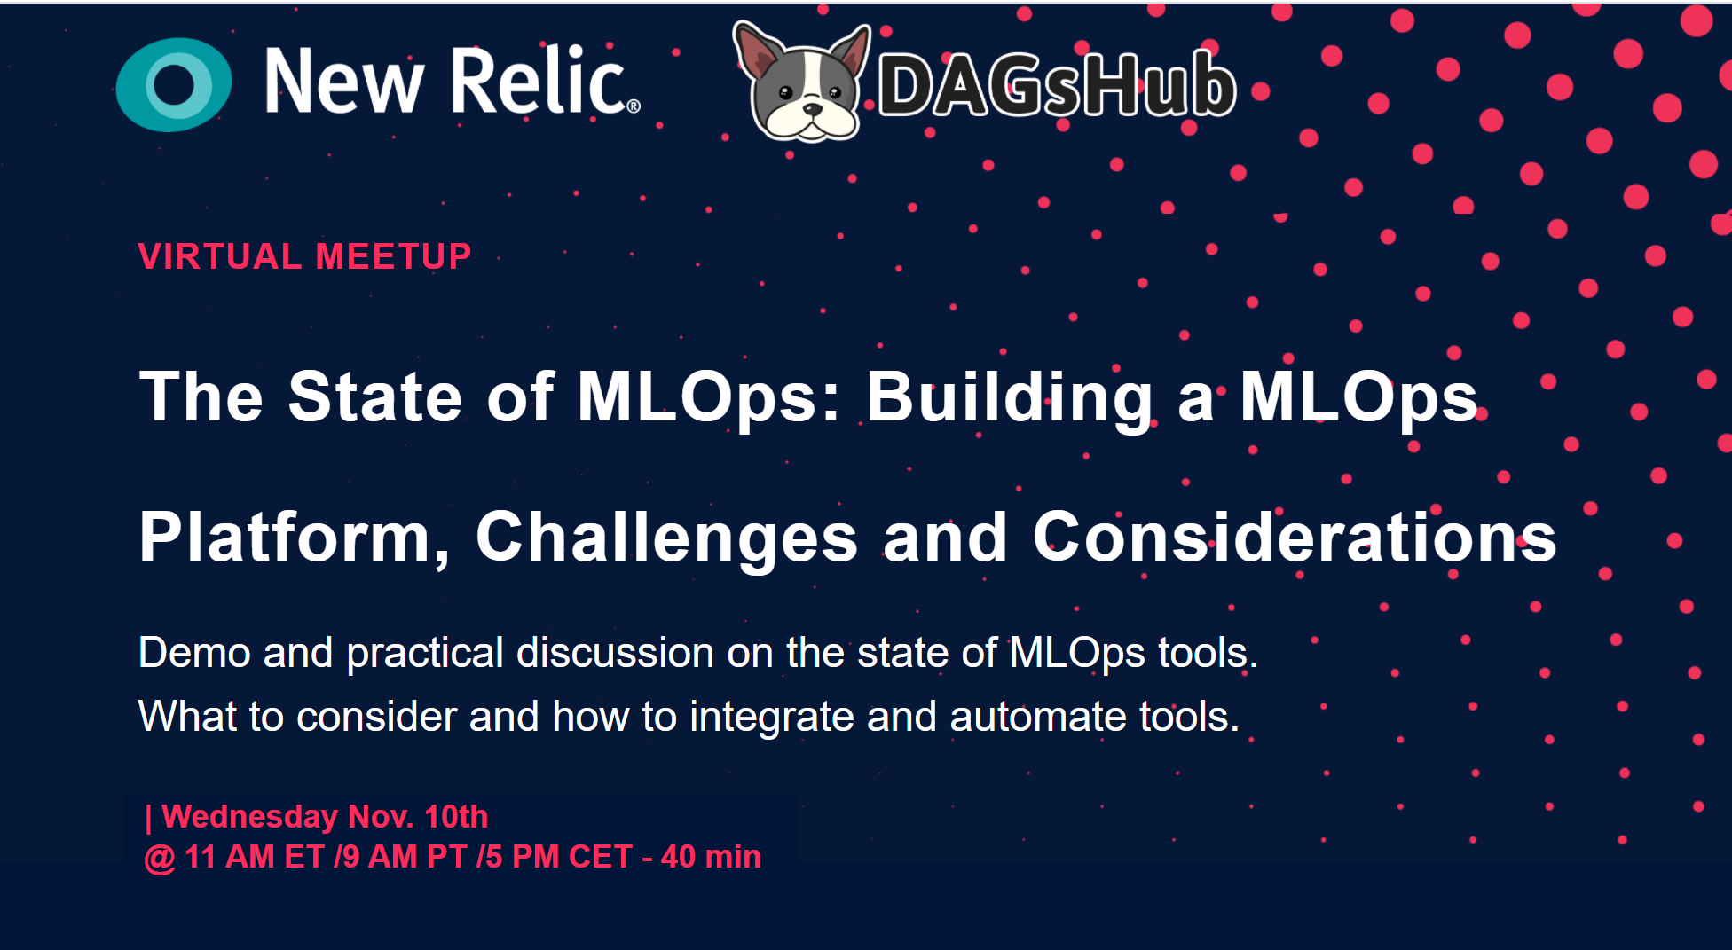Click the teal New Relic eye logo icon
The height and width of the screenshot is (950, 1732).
coord(174,84)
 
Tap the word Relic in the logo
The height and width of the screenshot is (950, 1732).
coord(544,81)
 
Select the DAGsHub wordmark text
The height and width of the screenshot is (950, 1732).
coord(1057,83)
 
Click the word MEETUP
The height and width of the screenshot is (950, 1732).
coord(393,256)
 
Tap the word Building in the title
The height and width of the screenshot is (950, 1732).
coord(1009,397)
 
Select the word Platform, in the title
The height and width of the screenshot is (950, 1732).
coord(295,538)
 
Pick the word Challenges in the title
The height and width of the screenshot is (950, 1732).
coord(667,538)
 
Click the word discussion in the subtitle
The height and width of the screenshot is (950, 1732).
coord(615,653)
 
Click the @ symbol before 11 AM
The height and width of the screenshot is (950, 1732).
coord(160,858)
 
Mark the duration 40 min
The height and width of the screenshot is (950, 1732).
coord(711,857)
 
